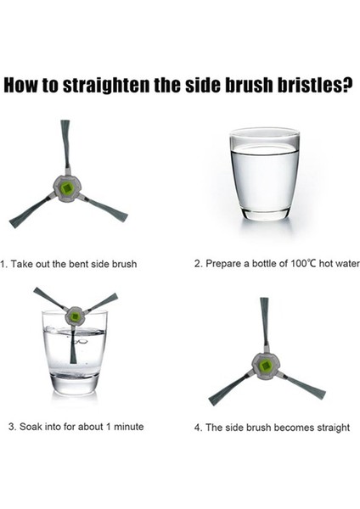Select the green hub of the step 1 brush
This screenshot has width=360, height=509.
click(x=67, y=187)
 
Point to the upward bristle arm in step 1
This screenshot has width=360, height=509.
click(x=66, y=144)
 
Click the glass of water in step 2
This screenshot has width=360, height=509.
click(x=264, y=174)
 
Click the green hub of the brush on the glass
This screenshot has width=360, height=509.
click(x=75, y=316)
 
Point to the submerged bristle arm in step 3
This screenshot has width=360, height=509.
click(x=73, y=345)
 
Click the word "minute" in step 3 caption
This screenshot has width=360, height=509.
click(x=129, y=426)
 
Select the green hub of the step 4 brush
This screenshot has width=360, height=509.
click(x=265, y=366)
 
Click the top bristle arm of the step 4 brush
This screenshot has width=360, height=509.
click(x=264, y=322)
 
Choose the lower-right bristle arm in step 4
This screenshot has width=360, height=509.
click(x=303, y=387)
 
